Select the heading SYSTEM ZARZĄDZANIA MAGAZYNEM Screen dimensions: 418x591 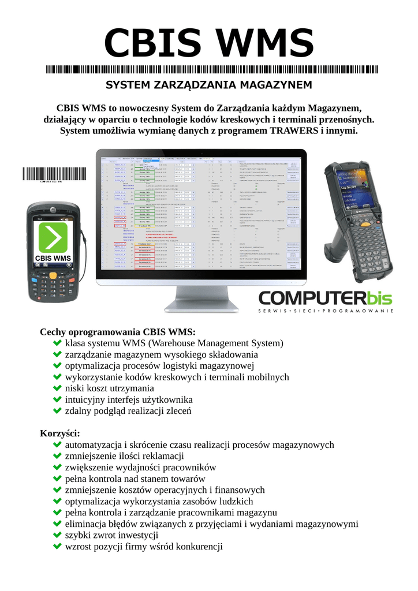click(x=208, y=85)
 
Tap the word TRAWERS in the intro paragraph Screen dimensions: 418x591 click(x=294, y=130)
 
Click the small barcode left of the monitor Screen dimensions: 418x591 click(x=54, y=174)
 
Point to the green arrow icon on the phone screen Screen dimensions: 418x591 click(x=53, y=237)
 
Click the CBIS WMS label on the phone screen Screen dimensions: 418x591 click(x=53, y=257)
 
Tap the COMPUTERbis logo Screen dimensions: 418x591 click(x=325, y=298)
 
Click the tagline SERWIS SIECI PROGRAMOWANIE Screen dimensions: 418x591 click(x=326, y=311)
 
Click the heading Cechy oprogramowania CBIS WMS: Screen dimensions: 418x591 click(x=118, y=332)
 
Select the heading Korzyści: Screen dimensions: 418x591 click(x=60, y=433)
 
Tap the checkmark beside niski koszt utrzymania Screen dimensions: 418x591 click(x=57, y=388)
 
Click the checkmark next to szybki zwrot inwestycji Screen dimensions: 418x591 click(x=57, y=535)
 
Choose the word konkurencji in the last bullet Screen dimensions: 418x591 click(x=199, y=547)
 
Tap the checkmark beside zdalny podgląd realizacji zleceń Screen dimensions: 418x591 click(x=57, y=410)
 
